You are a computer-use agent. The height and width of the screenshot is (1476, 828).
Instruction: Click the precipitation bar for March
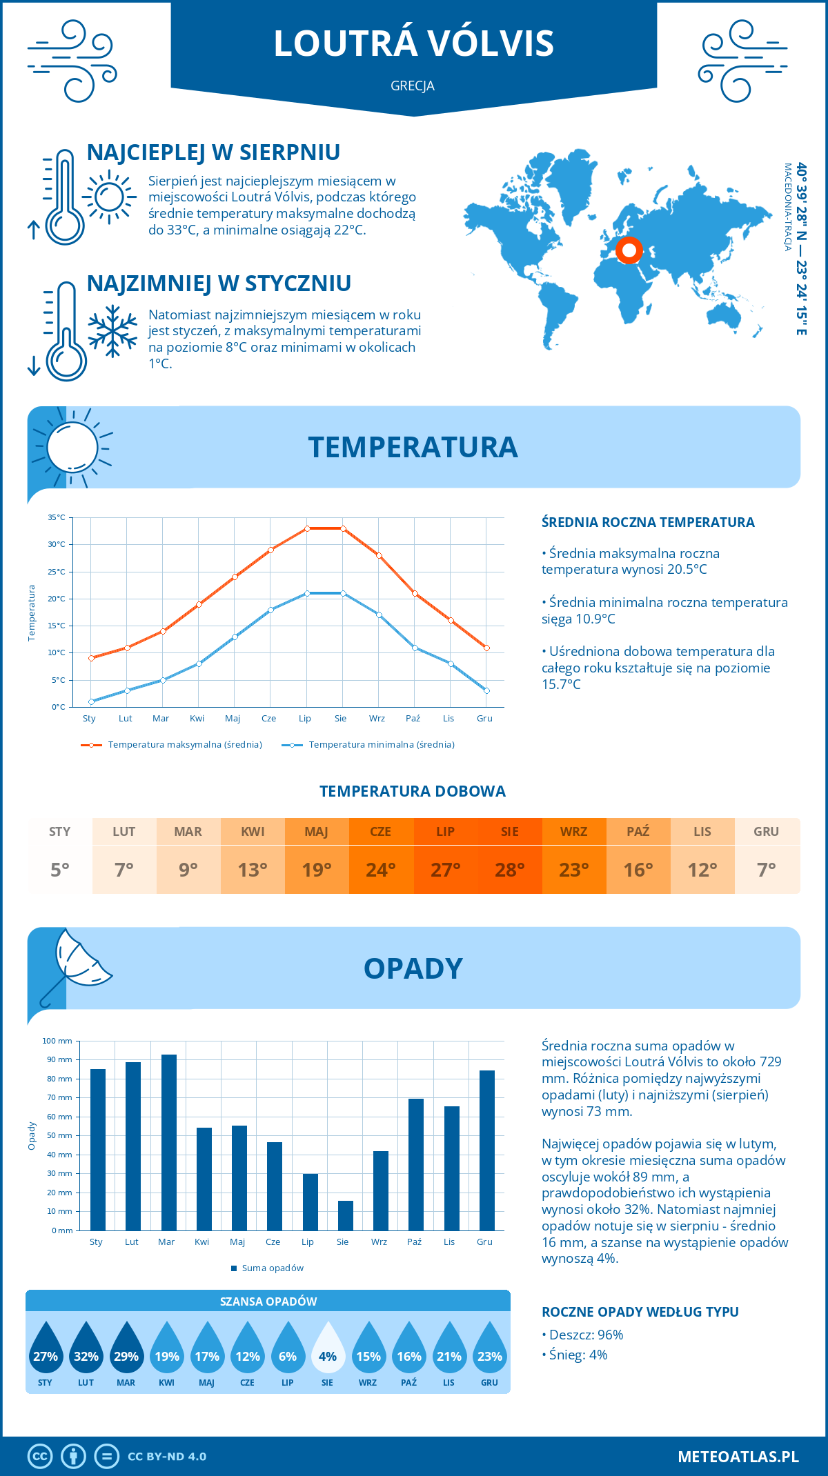(168, 1142)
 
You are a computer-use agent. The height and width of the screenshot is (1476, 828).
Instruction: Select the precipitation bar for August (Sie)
(346, 1215)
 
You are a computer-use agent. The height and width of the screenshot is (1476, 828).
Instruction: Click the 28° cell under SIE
(510, 870)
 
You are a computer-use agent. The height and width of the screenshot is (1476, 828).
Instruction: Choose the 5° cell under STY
(60, 870)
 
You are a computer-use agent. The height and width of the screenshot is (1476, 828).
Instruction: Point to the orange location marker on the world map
(629, 250)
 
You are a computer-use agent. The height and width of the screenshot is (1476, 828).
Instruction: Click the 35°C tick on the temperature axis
(57, 517)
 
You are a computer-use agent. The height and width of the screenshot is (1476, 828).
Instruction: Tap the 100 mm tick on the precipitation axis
(57, 1041)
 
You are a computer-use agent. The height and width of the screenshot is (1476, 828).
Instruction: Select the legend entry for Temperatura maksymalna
(172, 745)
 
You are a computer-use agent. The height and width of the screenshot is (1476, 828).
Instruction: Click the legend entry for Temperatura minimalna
(368, 745)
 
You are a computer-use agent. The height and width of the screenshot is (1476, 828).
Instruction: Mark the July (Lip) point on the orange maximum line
(307, 528)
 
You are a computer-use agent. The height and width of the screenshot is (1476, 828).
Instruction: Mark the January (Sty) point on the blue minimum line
(91, 701)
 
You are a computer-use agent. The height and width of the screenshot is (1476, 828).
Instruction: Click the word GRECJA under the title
(413, 86)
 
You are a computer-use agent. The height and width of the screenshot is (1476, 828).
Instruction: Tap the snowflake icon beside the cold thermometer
(112, 331)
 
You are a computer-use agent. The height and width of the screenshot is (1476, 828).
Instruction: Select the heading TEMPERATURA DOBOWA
(413, 791)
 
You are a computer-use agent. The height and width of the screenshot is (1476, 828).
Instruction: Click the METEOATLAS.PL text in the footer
(738, 1457)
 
